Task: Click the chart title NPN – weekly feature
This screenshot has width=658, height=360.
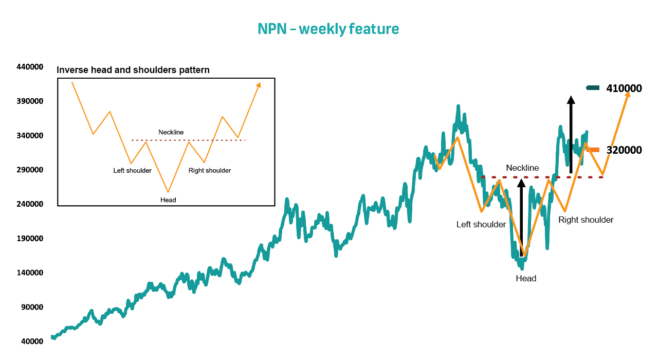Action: [x=328, y=29]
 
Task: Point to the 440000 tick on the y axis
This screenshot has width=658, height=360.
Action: [x=30, y=67]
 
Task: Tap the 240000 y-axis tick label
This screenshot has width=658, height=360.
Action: [x=30, y=204]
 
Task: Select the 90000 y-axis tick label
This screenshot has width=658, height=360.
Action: [x=32, y=307]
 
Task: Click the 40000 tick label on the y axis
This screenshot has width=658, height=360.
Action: [x=32, y=341]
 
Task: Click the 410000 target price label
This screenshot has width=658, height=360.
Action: [x=624, y=88]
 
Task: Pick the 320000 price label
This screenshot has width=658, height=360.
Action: [x=624, y=150]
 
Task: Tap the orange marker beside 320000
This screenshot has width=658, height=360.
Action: [x=593, y=150]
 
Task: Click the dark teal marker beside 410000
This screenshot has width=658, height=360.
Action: [x=593, y=87]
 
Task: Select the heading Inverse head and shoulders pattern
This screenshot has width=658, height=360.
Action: [x=133, y=70]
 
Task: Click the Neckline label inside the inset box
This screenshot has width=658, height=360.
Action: [x=171, y=132]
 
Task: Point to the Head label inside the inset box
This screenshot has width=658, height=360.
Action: [x=168, y=200]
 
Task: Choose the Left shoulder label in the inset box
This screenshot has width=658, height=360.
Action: [x=132, y=170]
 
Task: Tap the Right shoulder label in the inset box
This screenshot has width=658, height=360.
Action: [x=210, y=170]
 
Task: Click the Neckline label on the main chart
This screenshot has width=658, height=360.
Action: [x=522, y=168]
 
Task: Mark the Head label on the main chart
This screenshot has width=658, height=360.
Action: [x=526, y=278]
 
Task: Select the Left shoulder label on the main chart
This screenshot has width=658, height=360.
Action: [x=481, y=225]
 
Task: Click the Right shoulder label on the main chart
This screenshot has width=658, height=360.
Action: [x=586, y=220]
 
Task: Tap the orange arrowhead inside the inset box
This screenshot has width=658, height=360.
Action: [x=259, y=85]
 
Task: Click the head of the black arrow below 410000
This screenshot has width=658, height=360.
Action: [x=571, y=100]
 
